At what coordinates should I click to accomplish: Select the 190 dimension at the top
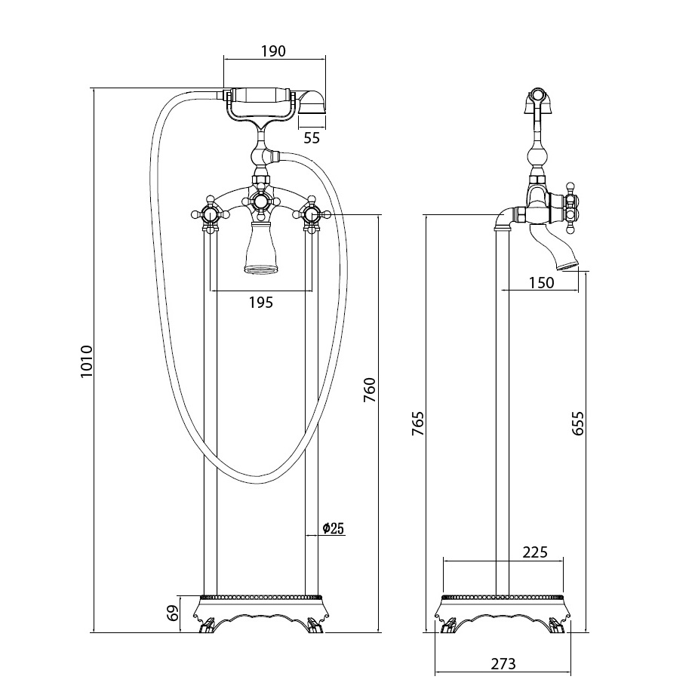[x=273, y=51]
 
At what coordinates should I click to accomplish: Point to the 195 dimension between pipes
[x=260, y=303]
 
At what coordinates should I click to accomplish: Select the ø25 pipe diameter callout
[x=333, y=528]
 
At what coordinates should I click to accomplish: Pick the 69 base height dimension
[x=172, y=613]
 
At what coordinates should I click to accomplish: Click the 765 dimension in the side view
[x=418, y=424]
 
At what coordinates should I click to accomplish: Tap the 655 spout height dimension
[x=578, y=424]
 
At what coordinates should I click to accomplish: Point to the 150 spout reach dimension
[x=541, y=283]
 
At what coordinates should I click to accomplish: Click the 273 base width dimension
[x=503, y=664]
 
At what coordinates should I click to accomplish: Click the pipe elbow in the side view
[x=503, y=222]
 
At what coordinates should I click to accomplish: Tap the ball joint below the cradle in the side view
[x=537, y=158]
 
